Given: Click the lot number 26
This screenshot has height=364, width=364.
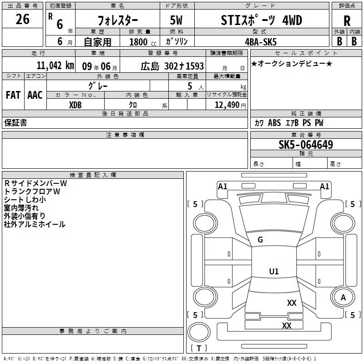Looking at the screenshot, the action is tap(22, 19).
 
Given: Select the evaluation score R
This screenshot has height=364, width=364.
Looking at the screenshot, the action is tap(347, 21).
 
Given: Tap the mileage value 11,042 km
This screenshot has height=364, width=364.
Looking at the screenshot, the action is tap(55, 66).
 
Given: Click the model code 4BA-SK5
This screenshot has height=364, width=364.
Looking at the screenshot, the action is tap(261, 42).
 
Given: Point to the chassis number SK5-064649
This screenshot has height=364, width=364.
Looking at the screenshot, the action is tap(306, 145).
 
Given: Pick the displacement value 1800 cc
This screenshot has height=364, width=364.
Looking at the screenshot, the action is tap(143, 42).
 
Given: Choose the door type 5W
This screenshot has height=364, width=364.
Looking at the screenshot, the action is tap(176, 20).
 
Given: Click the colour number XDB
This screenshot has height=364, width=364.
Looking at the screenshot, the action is tap(75, 105).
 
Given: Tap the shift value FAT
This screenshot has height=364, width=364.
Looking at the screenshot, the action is tap(13, 95).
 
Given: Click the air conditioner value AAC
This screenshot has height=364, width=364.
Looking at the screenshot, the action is tap(35, 95).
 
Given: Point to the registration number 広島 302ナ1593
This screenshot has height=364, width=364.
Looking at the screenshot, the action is tap(172, 66).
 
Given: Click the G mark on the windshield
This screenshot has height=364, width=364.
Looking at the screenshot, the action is tap(260, 240).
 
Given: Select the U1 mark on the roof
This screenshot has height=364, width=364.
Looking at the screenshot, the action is tap(274, 271).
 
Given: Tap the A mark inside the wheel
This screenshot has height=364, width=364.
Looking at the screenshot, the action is tap(343, 298).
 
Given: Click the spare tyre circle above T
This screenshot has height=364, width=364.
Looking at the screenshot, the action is tap(199, 332).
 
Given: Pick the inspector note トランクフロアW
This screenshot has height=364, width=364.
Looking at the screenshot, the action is tap(32, 192).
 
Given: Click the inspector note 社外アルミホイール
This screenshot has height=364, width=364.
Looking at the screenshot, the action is tap(35, 224).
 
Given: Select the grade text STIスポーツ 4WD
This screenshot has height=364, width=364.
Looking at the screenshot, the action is tap(261, 20).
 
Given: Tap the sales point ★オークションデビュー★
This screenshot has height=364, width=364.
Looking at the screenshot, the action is tap(292, 63).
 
